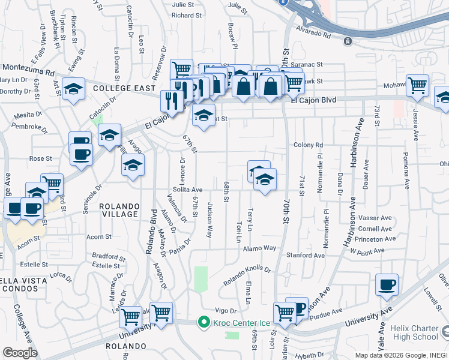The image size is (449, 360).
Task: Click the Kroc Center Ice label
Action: pos(237,323)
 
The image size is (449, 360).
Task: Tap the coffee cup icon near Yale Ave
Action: pos(387,284)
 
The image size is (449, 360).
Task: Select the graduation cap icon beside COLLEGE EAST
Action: pos(73,90)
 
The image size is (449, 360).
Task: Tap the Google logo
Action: pos(20,353)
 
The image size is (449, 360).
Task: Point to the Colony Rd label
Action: pos(309,145)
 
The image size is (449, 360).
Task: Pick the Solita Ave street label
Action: pos(187,190)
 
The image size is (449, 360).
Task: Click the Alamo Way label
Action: pos(259,248)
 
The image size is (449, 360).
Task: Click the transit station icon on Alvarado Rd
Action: pos(347,41)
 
